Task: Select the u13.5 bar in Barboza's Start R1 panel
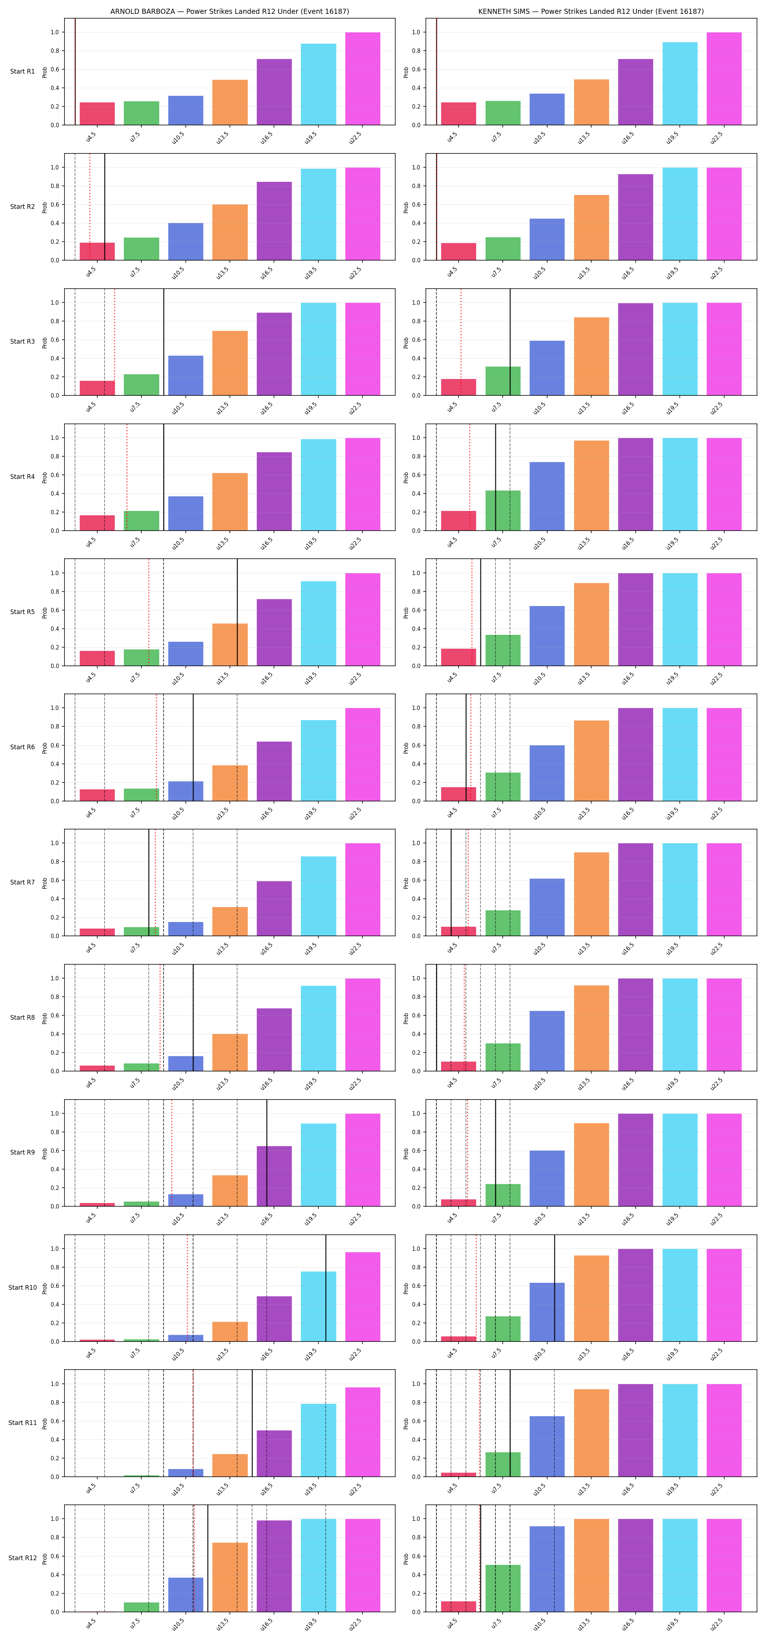[x=230, y=102]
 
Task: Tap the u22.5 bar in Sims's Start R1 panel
[x=723, y=78]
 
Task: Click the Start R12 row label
[x=22, y=1558]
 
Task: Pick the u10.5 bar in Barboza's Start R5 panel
[x=186, y=654]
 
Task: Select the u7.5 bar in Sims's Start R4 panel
[x=503, y=511]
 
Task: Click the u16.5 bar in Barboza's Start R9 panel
[x=274, y=1176]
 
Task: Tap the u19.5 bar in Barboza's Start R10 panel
[x=318, y=1307]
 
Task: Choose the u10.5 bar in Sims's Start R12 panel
[x=547, y=1569]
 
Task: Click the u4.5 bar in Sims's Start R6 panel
[x=458, y=794]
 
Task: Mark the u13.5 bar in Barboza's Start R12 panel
[x=230, y=1577]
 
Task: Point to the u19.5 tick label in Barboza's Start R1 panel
[x=311, y=137]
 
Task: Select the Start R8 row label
[x=22, y=1018]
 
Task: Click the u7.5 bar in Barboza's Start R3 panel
[x=141, y=384]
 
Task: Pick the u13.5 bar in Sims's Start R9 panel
[x=591, y=1164]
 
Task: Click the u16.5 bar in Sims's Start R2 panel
[x=635, y=217]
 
